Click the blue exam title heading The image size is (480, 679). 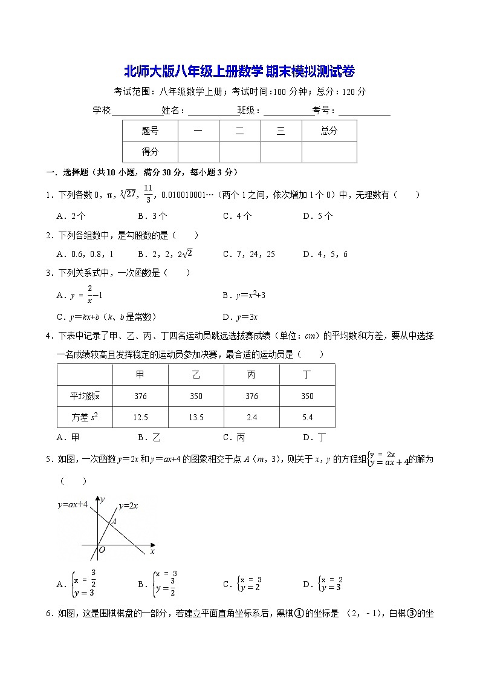[x=239, y=71]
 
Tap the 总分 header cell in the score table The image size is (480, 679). [x=329, y=131]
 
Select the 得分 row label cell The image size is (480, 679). [x=150, y=152]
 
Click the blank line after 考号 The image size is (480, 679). [x=364, y=111]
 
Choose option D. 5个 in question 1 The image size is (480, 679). [x=318, y=216]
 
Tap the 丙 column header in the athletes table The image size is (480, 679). [x=251, y=375]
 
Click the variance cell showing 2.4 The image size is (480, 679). [x=251, y=417]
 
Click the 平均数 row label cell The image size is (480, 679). [x=85, y=396]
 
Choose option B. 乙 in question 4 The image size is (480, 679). [x=149, y=438]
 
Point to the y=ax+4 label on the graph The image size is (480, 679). [x=73, y=504]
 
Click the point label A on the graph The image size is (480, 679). [x=114, y=521]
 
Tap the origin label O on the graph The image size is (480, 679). [x=102, y=550]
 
